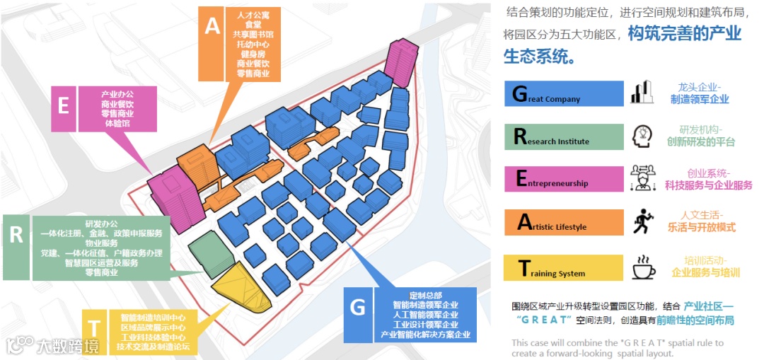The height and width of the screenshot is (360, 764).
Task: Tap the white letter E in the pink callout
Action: tap(63, 106)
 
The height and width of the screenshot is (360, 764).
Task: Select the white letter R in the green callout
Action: tap(16, 235)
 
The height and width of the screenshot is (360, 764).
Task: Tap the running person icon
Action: tap(642, 221)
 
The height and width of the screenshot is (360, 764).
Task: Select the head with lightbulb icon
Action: tap(642, 137)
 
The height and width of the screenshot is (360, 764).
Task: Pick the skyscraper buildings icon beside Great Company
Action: tap(642, 93)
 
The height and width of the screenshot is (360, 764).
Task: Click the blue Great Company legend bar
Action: tap(564, 94)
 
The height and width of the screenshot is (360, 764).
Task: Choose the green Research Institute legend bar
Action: tap(564, 137)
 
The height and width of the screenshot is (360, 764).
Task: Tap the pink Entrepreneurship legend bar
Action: tap(564, 179)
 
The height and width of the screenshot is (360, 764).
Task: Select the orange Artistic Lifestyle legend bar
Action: tap(564, 222)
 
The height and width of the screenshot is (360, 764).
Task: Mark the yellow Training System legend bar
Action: tap(564, 268)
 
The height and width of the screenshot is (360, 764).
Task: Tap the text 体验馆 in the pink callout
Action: tap(117, 124)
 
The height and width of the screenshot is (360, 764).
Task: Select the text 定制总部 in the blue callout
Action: tap(425, 295)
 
